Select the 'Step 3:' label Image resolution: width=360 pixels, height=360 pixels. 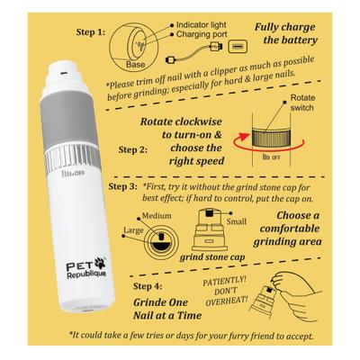tap(123, 187)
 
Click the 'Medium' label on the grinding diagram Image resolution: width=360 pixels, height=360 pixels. tap(157, 215)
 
